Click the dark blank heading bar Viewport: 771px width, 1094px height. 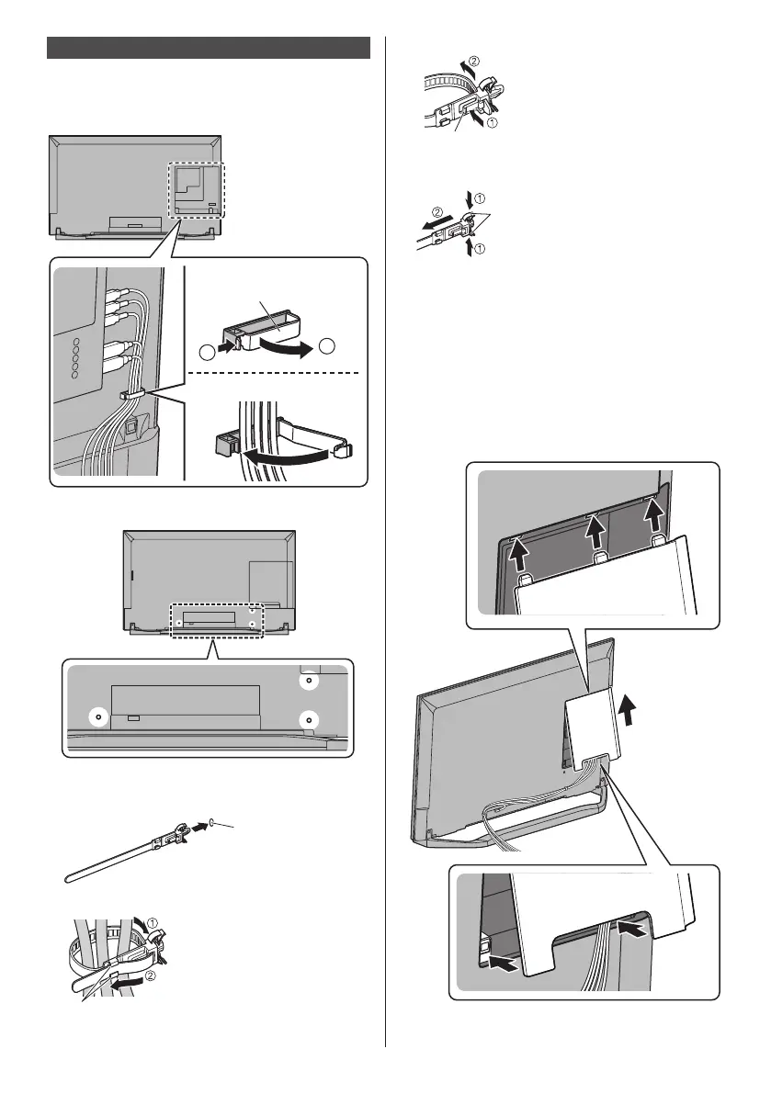coord(208,48)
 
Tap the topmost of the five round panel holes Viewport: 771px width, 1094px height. coord(76,338)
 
